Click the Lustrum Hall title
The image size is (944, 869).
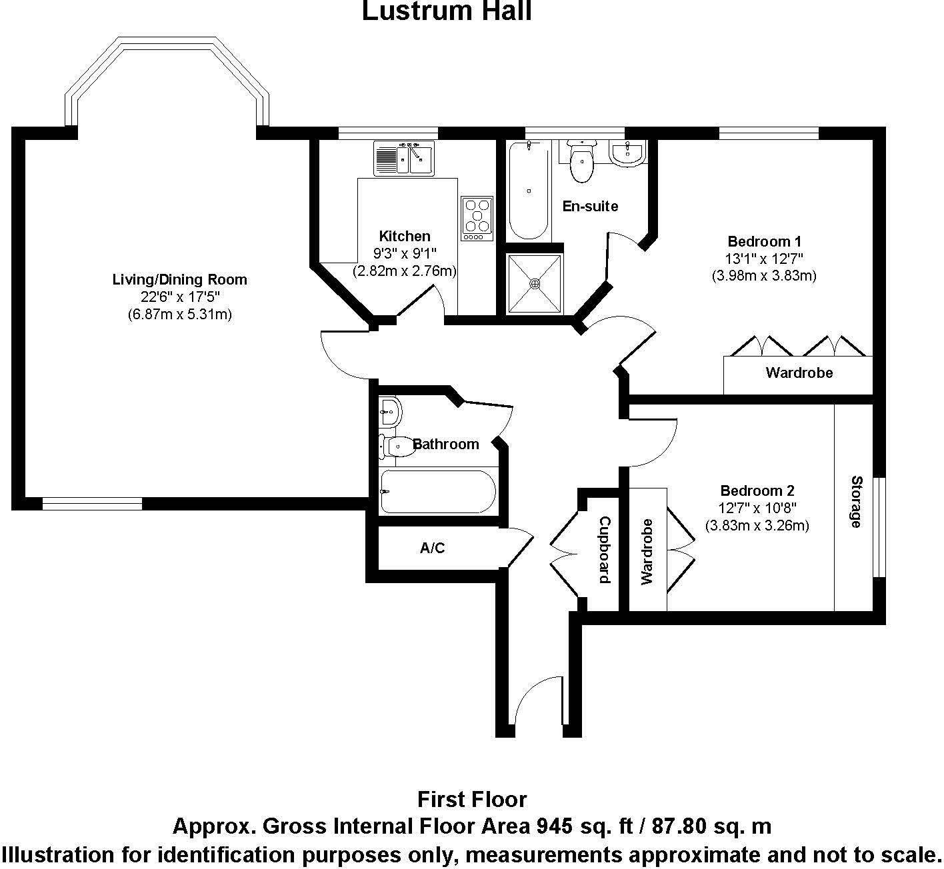(447, 11)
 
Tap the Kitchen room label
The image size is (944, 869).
(405, 236)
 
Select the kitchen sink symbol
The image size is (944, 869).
(404, 159)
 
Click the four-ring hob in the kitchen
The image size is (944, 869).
(477, 219)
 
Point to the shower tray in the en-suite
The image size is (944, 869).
(535, 283)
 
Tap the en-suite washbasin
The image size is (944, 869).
(627, 154)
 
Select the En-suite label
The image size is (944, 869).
(590, 206)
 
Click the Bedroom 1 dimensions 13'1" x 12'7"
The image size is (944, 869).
(764, 259)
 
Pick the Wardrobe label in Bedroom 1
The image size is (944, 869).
(799, 373)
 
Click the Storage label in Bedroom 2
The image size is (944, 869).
(856, 501)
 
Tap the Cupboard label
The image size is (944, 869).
(604, 550)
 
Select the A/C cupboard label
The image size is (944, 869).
(432, 548)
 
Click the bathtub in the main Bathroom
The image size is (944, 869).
(438, 492)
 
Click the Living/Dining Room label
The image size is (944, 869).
(179, 279)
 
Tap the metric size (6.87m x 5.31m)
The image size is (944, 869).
(179, 315)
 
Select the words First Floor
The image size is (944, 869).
(472, 799)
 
